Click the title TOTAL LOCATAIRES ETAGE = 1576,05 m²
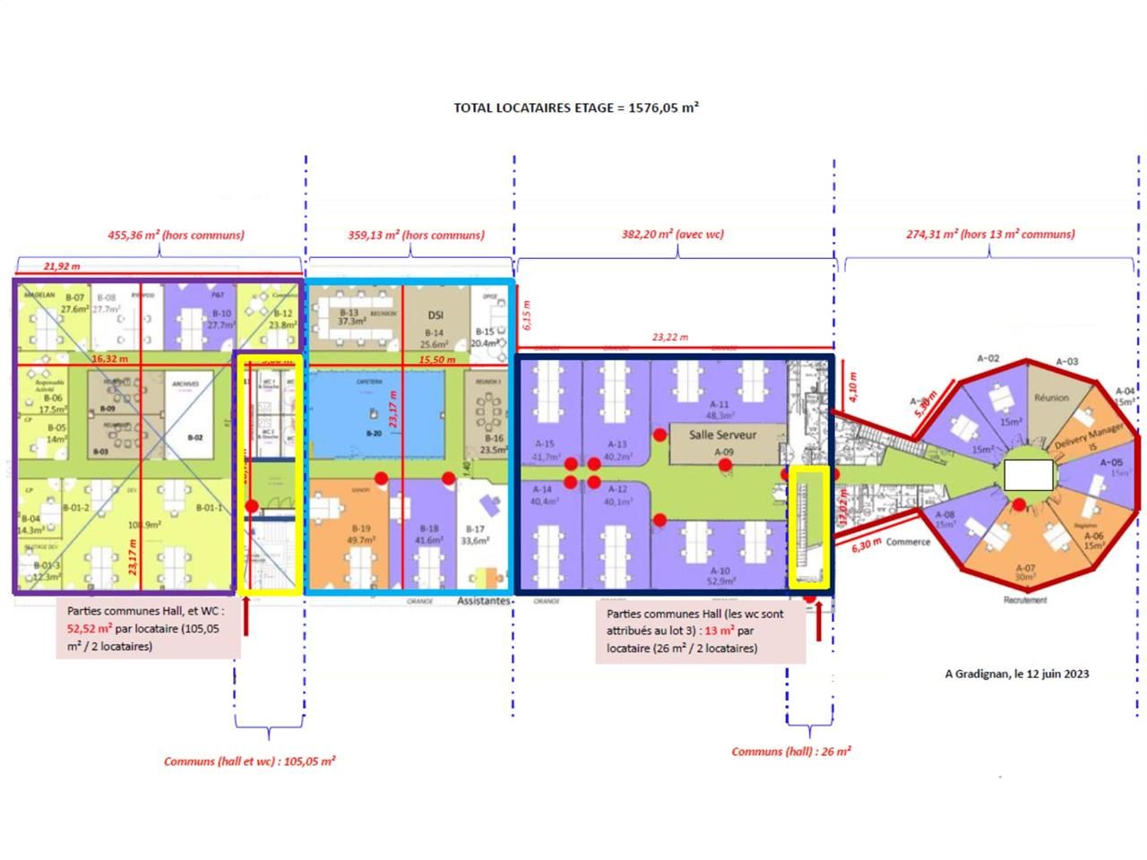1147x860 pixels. [575, 107]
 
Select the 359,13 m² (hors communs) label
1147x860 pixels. [416, 236]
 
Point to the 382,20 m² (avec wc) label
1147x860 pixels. [672, 235]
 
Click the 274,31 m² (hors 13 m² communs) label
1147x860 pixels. [990, 235]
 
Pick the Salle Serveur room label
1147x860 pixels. [722, 434]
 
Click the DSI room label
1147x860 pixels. [436, 314]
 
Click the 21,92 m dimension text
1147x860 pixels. [62, 266]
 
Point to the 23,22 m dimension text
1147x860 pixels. [670, 338]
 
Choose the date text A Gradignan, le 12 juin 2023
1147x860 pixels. [1017, 674]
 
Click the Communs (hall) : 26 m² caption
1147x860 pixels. [790, 752]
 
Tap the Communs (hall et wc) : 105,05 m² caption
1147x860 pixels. [249, 761]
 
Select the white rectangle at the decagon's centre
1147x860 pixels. [1028, 475]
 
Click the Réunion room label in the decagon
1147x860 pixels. [1052, 397]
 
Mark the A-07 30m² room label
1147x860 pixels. [1025, 572]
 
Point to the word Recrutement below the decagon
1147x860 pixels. [1024, 599]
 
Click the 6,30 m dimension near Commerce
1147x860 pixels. [867, 543]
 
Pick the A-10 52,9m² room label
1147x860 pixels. [720, 576]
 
